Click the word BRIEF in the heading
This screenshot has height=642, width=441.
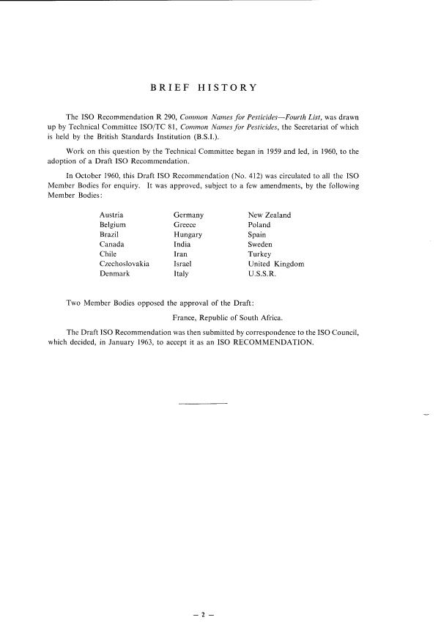pyautogui.click(x=169, y=88)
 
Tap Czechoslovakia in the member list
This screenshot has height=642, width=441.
pyautogui.click(x=125, y=264)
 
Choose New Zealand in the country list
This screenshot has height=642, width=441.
pyautogui.click(x=270, y=215)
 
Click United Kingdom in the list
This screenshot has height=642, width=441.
pyautogui.click(x=276, y=264)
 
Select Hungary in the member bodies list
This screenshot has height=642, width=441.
pyautogui.click(x=188, y=235)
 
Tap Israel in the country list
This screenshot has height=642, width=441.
pyautogui.click(x=183, y=264)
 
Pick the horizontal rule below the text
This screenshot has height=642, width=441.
pyautogui.click(x=203, y=403)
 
